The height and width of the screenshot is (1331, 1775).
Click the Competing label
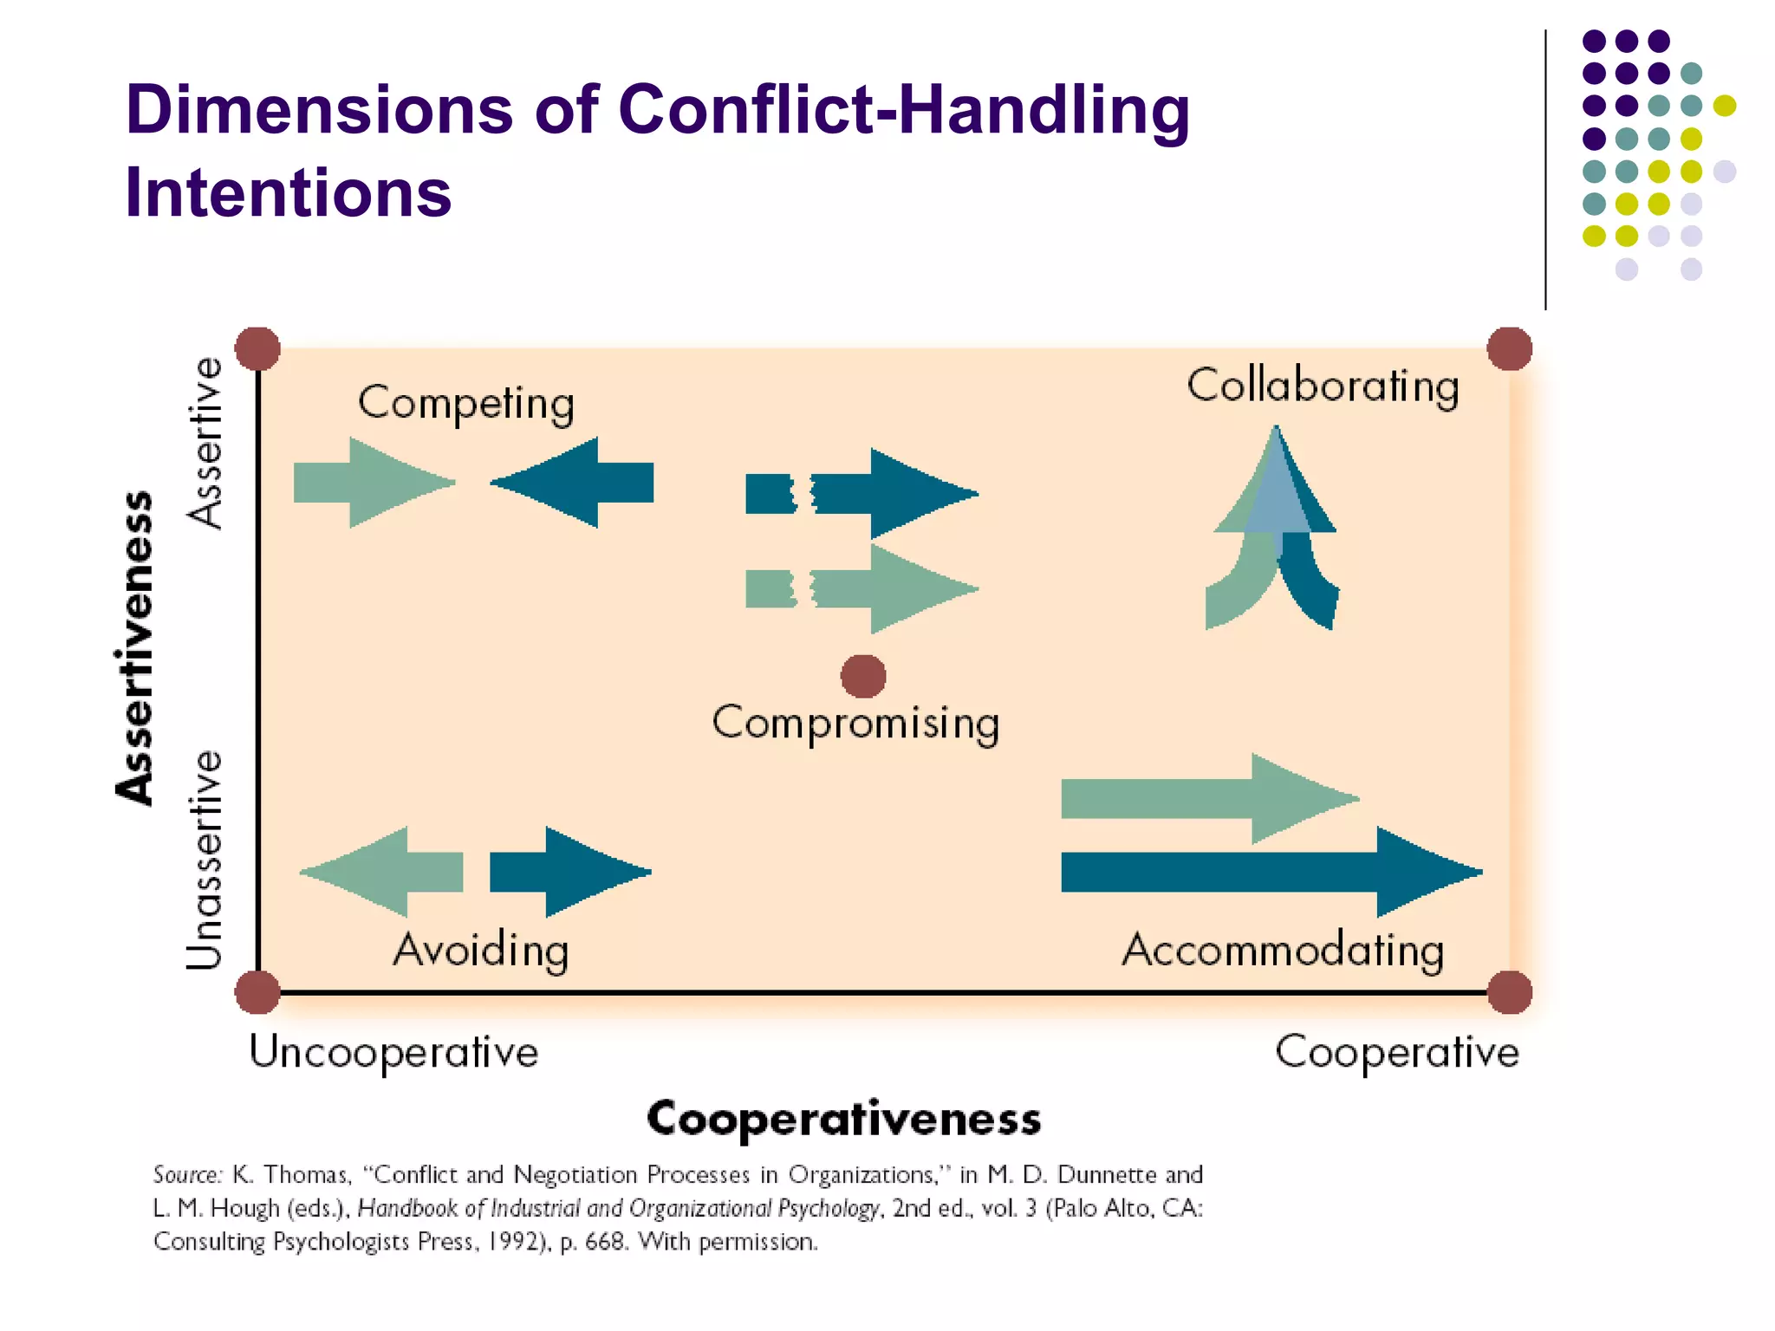pos(466,404)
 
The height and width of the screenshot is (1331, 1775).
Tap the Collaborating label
pos(1323,386)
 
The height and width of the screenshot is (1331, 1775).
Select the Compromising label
pos(855,723)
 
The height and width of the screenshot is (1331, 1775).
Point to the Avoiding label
pos(481,950)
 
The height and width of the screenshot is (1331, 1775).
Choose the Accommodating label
pos(1283,950)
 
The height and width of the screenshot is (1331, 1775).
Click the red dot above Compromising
pos(863,676)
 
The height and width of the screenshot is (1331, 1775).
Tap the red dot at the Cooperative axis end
pos(1509,992)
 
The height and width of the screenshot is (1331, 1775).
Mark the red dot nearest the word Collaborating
pos(1509,348)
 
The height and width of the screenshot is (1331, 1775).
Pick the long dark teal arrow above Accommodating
pos(1265,872)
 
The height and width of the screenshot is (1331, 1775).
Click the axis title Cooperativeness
pos(843,1119)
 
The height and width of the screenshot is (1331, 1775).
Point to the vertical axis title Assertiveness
pos(135,648)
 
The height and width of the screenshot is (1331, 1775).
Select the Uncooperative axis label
pos(393,1053)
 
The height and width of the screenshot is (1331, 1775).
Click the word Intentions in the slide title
pos(288,192)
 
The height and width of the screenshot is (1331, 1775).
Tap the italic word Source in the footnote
pos(187,1175)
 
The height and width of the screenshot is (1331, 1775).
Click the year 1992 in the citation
pos(514,1242)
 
